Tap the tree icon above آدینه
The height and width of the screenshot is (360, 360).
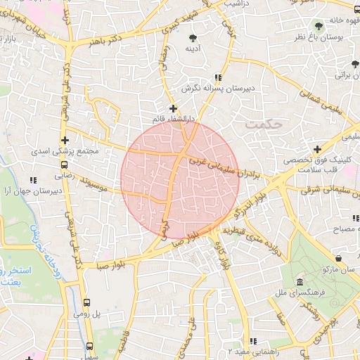click(x=193, y=37)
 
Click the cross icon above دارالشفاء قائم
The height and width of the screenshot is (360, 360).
click(x=174, y=108)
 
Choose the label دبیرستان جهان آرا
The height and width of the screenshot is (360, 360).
click(x=34, y=191)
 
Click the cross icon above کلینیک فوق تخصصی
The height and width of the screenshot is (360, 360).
click(x=318, y=149)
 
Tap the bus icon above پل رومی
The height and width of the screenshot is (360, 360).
click(x=86, y=303)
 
